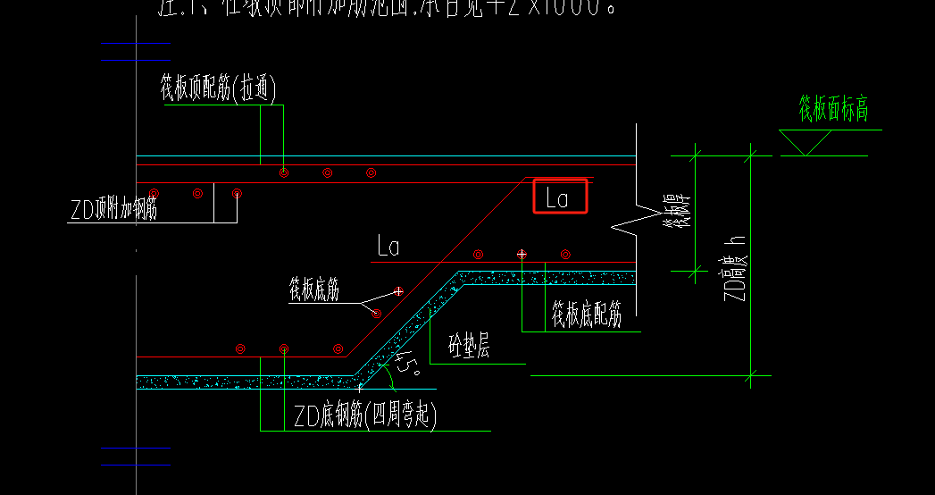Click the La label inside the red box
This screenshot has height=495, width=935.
click(557, 197)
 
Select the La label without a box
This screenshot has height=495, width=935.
click(388, 246)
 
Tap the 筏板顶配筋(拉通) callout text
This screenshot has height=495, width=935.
click(218, 89)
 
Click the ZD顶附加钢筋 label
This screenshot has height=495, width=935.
click(113, 211)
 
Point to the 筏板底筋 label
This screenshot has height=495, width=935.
click(313, 290)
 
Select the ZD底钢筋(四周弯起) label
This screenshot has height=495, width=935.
click(365, 417)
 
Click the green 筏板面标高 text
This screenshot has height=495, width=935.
click(833, 109)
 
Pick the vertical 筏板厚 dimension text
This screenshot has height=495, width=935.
click(683, 214)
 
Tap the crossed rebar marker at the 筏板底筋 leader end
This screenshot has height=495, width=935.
click(398, 291)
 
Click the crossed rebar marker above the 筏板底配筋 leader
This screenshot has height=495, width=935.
click(522, 255)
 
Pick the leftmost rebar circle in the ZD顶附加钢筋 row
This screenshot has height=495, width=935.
click(154, 193)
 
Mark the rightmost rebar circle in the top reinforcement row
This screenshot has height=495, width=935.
click(371, 172)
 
